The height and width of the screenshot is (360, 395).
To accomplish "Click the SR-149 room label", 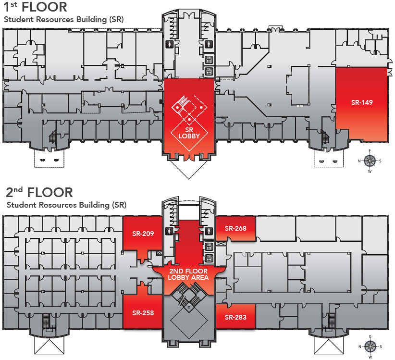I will click(362, 102).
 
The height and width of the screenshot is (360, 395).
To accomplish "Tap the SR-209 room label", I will click(143, 234).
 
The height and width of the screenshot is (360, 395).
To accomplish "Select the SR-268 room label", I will click(235, 228).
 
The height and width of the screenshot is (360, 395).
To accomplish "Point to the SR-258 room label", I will click(143, 313).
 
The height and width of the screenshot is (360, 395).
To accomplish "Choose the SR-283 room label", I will click(235, 317).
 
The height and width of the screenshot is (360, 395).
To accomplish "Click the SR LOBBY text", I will click(189, 133).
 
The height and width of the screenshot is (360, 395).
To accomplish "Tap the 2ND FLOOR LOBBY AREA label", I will click(189, 274).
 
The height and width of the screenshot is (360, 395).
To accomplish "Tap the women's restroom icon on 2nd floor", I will click(169, 231).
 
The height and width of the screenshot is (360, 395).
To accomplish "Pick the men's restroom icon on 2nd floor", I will click(209, 231).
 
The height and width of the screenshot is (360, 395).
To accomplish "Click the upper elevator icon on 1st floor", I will click(209, 60).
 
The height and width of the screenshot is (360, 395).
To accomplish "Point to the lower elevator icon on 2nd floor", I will click(209, 258).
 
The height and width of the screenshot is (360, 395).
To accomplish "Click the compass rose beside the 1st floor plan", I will click(369, 161).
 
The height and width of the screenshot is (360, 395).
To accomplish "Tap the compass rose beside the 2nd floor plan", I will click(370, 346).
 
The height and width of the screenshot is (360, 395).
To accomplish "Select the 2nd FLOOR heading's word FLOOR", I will click(50, 193).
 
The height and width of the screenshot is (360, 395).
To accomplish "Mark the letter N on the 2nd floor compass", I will click(360, 346).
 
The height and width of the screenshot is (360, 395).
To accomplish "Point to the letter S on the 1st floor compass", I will click(379, 161).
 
